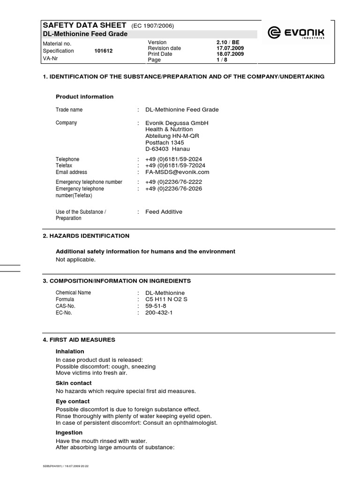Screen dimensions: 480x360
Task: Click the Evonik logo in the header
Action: [296, 33]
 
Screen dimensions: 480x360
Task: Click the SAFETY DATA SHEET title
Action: [84, 25]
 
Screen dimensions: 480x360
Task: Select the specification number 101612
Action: [103, 51]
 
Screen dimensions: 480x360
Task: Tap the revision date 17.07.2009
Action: [230, 48]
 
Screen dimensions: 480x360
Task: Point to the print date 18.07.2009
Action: [230, 54]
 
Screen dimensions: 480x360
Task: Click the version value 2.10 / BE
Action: [228, 42]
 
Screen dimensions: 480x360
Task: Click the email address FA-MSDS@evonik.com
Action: [177, 172]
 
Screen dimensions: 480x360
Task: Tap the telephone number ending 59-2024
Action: [173, 159]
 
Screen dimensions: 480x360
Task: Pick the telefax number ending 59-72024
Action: [175, 165]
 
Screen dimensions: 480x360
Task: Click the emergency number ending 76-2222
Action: [173, 182]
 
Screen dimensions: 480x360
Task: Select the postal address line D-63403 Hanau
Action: [167, 149]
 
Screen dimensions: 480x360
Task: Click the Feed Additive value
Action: [164, 212]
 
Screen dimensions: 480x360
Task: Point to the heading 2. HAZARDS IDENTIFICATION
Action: [86, 236]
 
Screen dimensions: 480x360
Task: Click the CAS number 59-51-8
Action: [156, 306]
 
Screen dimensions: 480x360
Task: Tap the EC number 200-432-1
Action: [159, 312]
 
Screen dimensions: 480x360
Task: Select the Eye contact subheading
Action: [73, 402]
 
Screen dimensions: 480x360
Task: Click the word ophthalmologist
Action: [192, 423]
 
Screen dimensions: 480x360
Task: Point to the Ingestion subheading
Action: [69, 433]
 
